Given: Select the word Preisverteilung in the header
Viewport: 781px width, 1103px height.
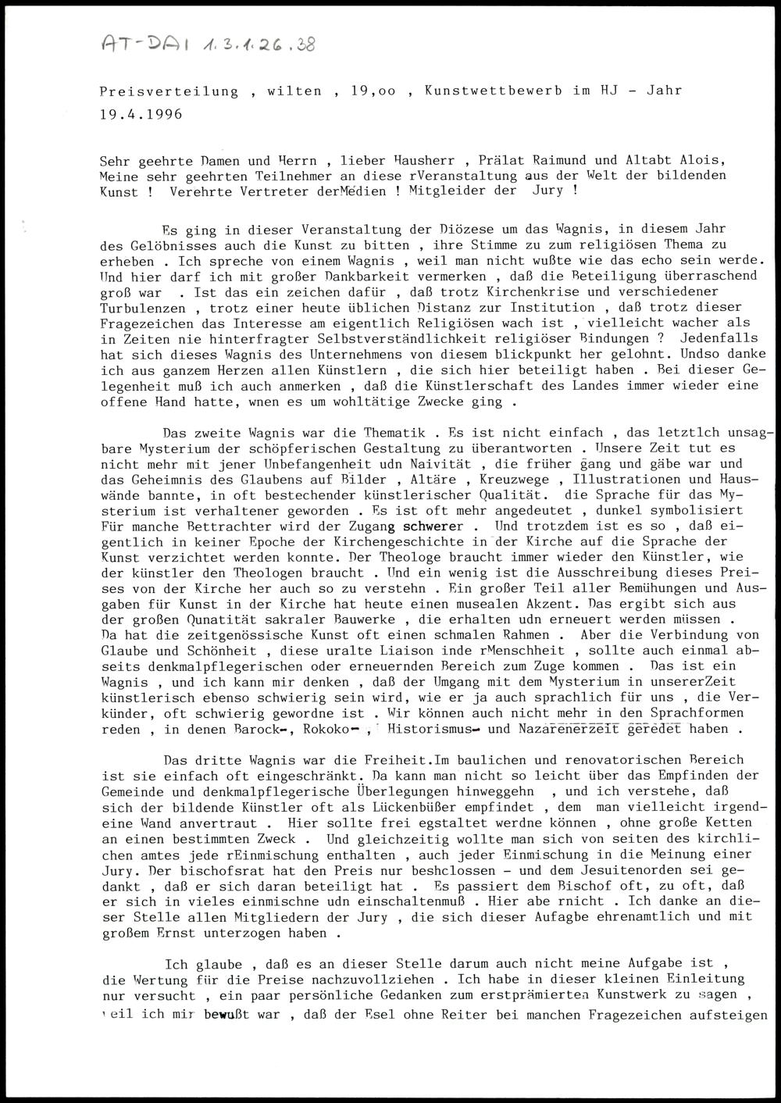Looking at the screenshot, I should (169, 91).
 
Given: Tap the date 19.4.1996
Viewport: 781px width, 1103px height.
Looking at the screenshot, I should (141, 114).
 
